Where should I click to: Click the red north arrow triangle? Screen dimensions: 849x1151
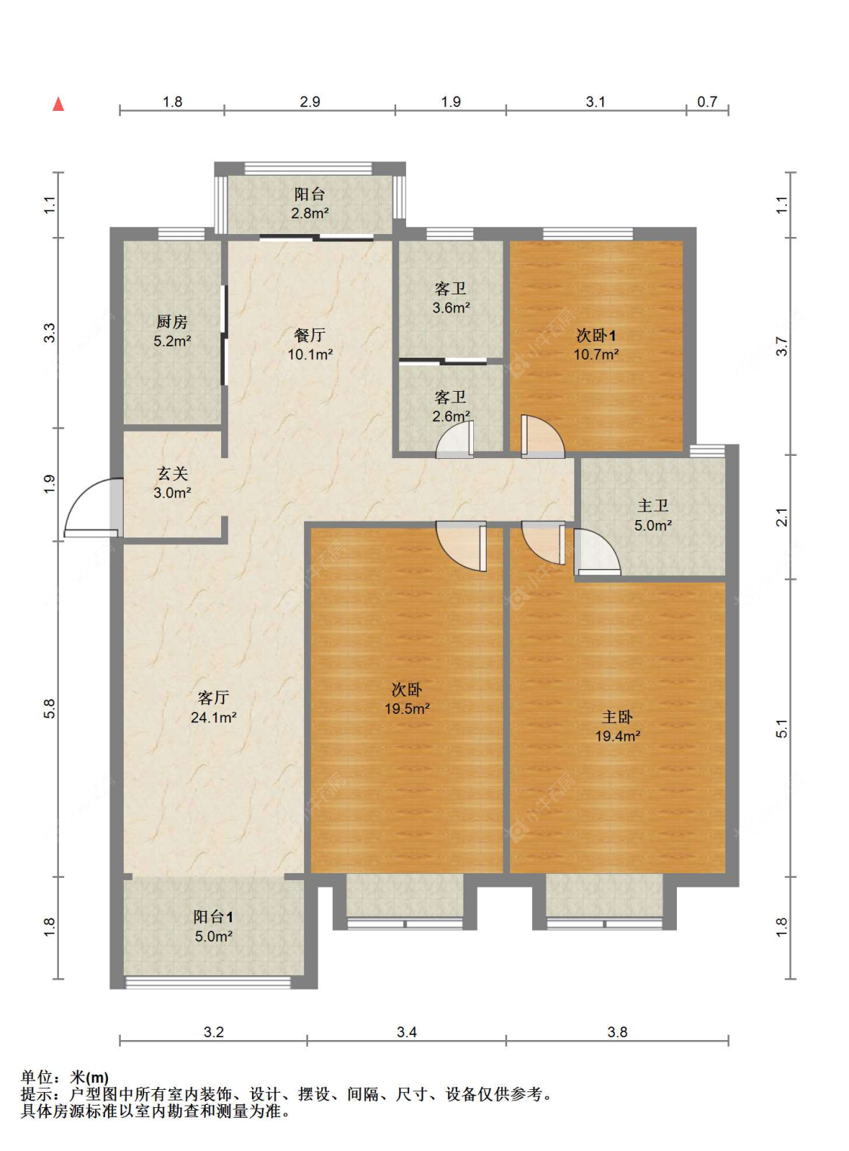coord(59,104)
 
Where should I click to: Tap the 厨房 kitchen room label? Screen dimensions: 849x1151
coord(172,322)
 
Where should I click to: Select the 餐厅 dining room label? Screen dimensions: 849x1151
coord(310,335)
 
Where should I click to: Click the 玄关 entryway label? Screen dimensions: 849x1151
coord(172,473)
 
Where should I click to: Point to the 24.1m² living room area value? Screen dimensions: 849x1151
coord(214,717)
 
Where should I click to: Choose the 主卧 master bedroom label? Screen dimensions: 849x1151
coord(617,717)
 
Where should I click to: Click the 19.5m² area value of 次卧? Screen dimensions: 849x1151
coord(407,709)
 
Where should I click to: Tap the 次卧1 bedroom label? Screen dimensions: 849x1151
coord(595,336)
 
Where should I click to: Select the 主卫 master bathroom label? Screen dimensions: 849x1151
coord(653,506)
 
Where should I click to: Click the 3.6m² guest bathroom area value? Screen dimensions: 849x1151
coord(451,308)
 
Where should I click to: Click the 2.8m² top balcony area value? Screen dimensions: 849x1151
coord(310,213)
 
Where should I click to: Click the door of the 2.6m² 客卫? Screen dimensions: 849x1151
coord(455,440)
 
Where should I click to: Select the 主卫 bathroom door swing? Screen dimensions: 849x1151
coord(597,552)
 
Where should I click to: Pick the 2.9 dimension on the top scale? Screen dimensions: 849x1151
coord(310,102)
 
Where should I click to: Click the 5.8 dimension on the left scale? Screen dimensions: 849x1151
coord(49,709)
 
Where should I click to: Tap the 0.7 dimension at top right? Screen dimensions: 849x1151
coord(707,102)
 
